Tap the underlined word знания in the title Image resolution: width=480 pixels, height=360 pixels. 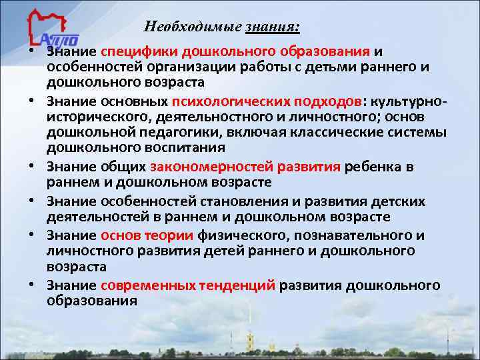click(274, 27)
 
